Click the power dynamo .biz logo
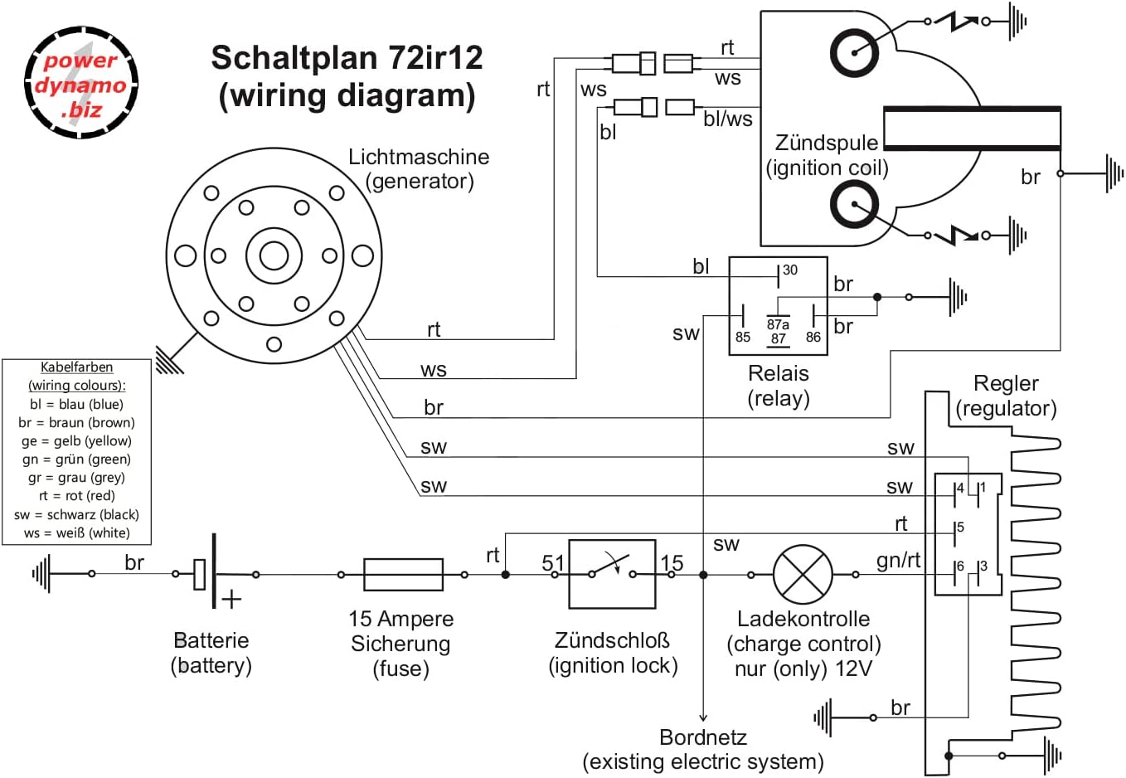(x=80, y=84)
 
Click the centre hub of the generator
(x=274, y=255)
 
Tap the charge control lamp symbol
(x=803, y=574)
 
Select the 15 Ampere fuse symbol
(x=403, y=574)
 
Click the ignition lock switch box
(x=612, y=574)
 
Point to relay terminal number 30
(x=789, y=270)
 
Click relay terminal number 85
(x=743, y=337)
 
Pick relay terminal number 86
(x=813, y=337)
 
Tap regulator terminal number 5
(x=960, y=528)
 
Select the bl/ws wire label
(x=727, y=119)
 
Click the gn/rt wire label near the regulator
(x=898, y=561)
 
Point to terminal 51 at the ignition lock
(x=553, y=563)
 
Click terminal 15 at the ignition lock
(x=672, y=563)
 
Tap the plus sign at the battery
(x=231, y=599)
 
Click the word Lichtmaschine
(x=419, y=157)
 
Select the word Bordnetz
(x=703, y=737)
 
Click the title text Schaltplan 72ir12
(x=347, y=58)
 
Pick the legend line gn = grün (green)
(x=76, y=460)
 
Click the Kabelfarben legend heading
(x=76, y=367)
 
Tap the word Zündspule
(x=826, y=143)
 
